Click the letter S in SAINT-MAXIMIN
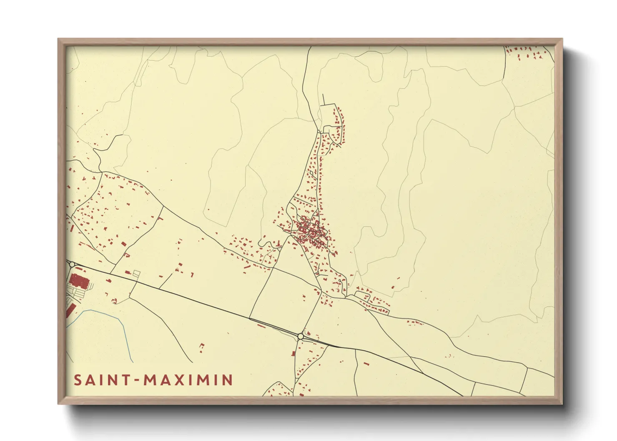pos(78,380)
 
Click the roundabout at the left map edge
pos(72,264)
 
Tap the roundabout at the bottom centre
pos(301,336)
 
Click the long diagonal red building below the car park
pos(70,311)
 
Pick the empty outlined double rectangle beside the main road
pos(136,273)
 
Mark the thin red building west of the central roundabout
pos(262,326)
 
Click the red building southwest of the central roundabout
pos(293,354)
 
